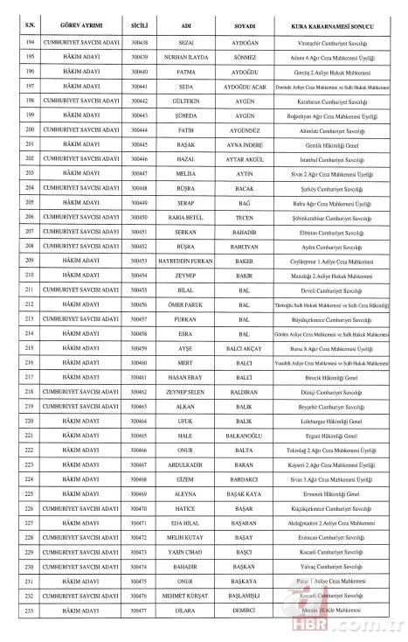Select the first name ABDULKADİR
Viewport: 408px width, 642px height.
[185, 464]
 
